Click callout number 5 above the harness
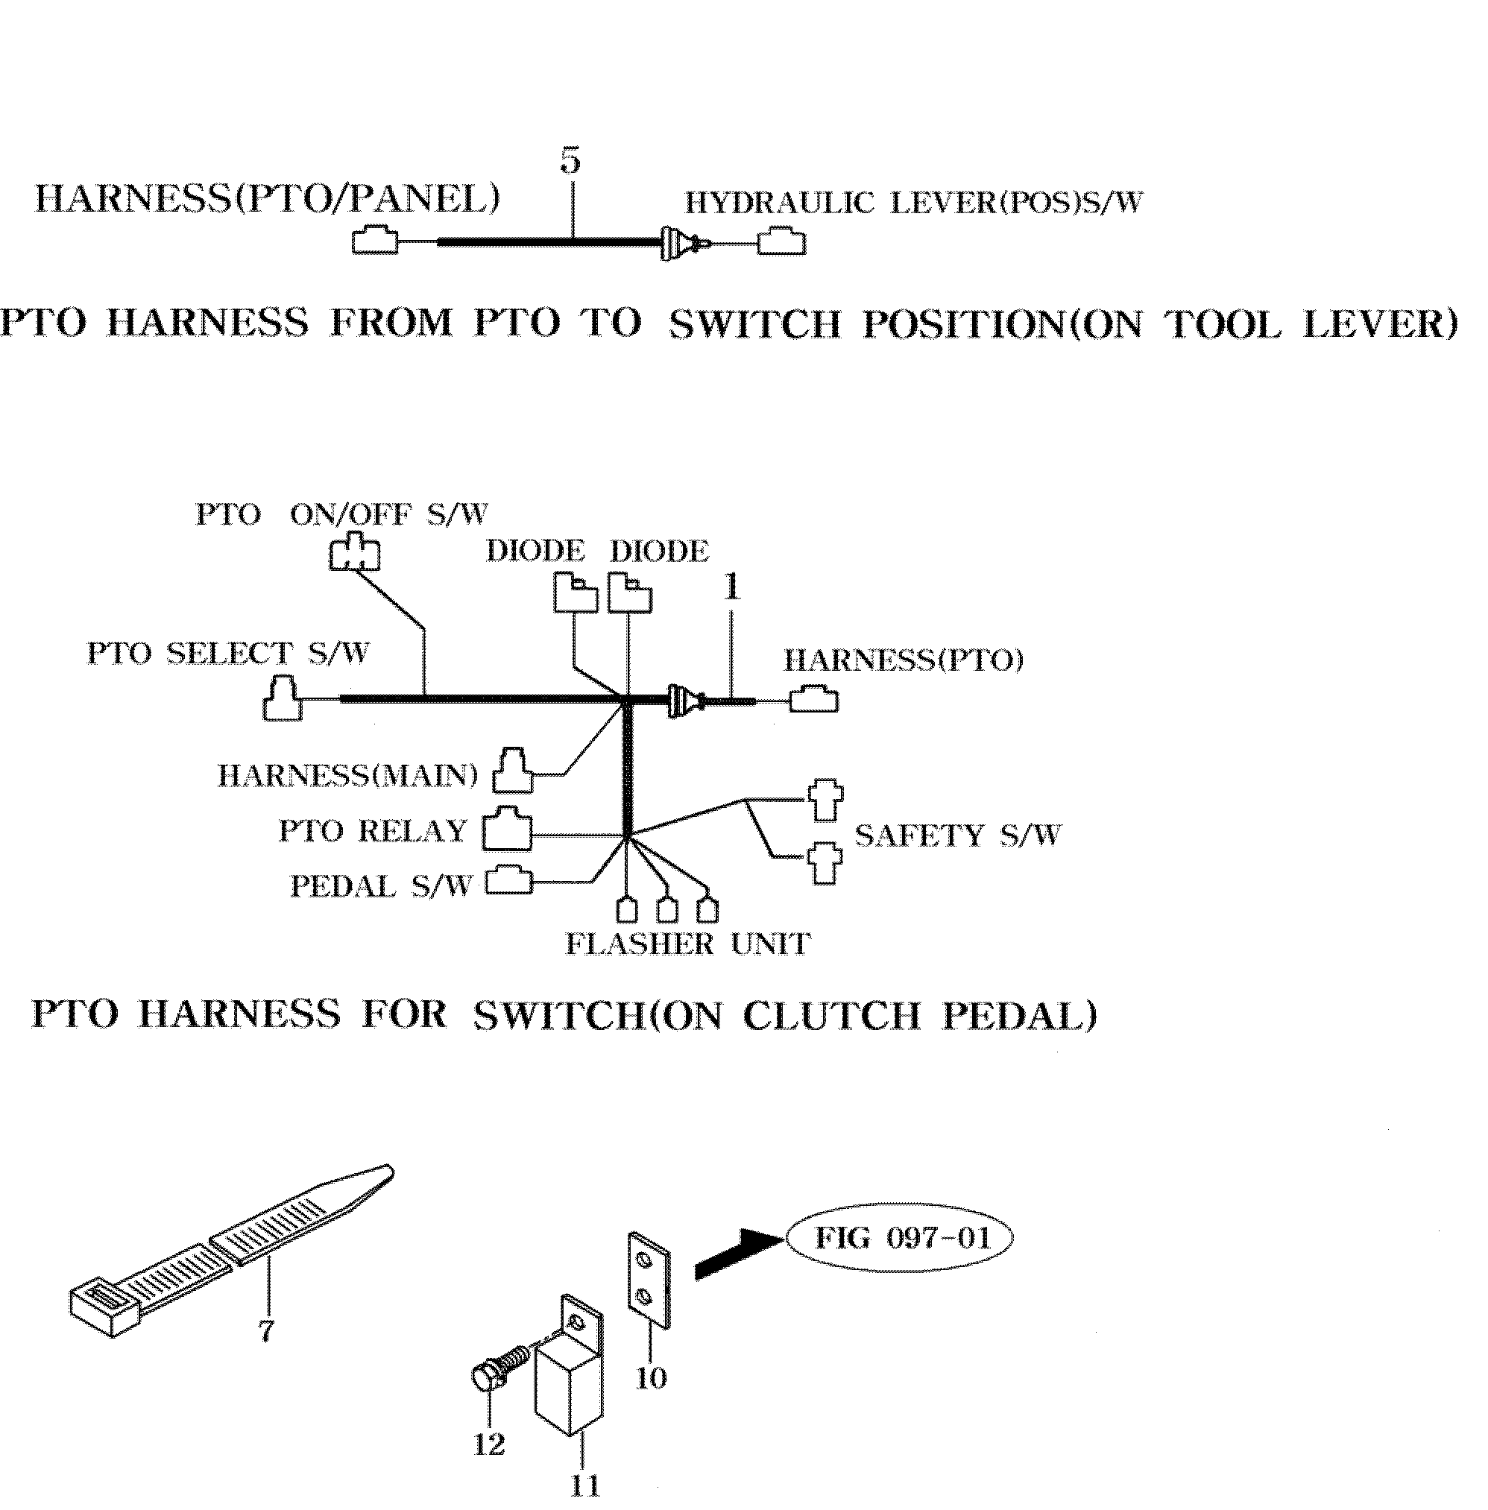click(x=570, y=161)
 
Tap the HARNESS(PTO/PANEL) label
click(x=268, y=199)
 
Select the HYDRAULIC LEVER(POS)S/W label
click(x=913, y=203)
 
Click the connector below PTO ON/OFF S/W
click(x=354, y=552)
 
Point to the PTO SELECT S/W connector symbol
click(x=281, y=699)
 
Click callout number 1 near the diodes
click(x=731, y=588)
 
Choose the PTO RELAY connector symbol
click(x=507, y=830)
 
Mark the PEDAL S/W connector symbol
click(x=508, y=881)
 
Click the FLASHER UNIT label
click(x=688, y=944)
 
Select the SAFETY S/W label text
click(x=958, y=835)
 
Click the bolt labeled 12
click(x=496, y=1376)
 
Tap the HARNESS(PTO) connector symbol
click(x=813, y=699)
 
